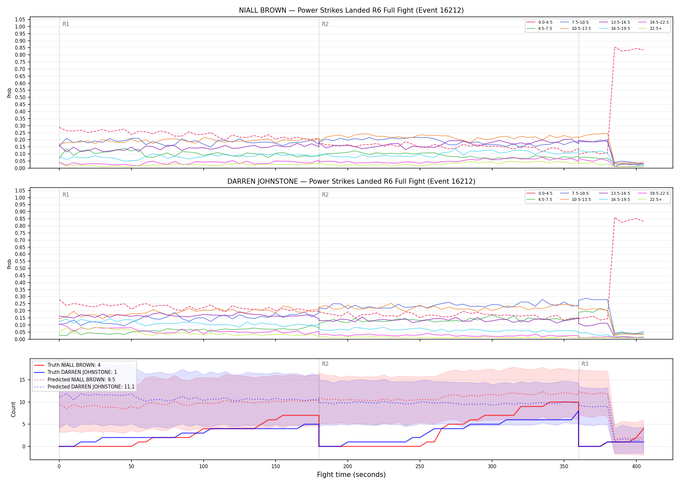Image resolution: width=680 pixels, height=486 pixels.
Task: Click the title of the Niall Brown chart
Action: pos(351,10)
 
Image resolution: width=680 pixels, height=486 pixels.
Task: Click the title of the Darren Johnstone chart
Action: pos(351,181)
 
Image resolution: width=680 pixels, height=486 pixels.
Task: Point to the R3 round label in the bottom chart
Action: pos(585,364)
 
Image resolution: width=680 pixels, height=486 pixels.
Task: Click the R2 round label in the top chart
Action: pos(325,24)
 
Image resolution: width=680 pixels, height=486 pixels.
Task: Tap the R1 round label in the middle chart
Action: pos(66,195)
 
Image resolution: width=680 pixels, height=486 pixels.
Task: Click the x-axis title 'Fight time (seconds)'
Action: pos(351,475)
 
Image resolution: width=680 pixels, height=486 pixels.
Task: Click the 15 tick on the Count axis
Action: pos(22,380)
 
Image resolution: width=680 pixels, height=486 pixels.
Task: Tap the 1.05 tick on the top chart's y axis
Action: pos(20,20)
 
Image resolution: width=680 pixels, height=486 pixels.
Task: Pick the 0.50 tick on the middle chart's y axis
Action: pos(20,268)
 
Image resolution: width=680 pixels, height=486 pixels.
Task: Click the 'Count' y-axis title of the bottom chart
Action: pos(13,409)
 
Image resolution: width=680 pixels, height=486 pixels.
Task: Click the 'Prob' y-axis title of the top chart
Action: pos(9,93)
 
